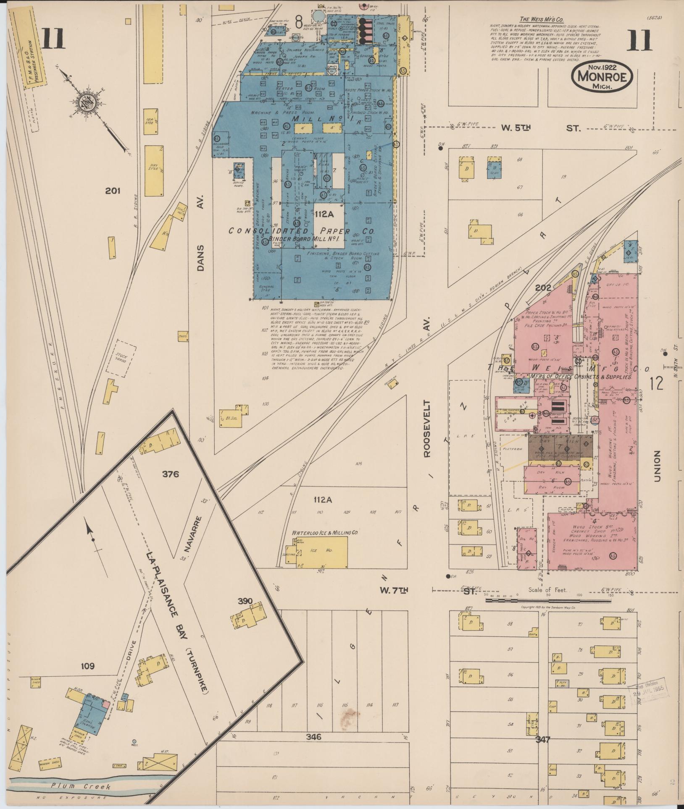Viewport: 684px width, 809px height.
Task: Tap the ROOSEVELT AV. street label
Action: coord(427,428)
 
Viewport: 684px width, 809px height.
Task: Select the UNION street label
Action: coord(657,466)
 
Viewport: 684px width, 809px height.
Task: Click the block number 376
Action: coord(171,474)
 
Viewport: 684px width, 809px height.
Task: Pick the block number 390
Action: coord(245,601)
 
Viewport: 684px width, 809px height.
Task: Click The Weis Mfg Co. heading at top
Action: coord(542,19)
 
